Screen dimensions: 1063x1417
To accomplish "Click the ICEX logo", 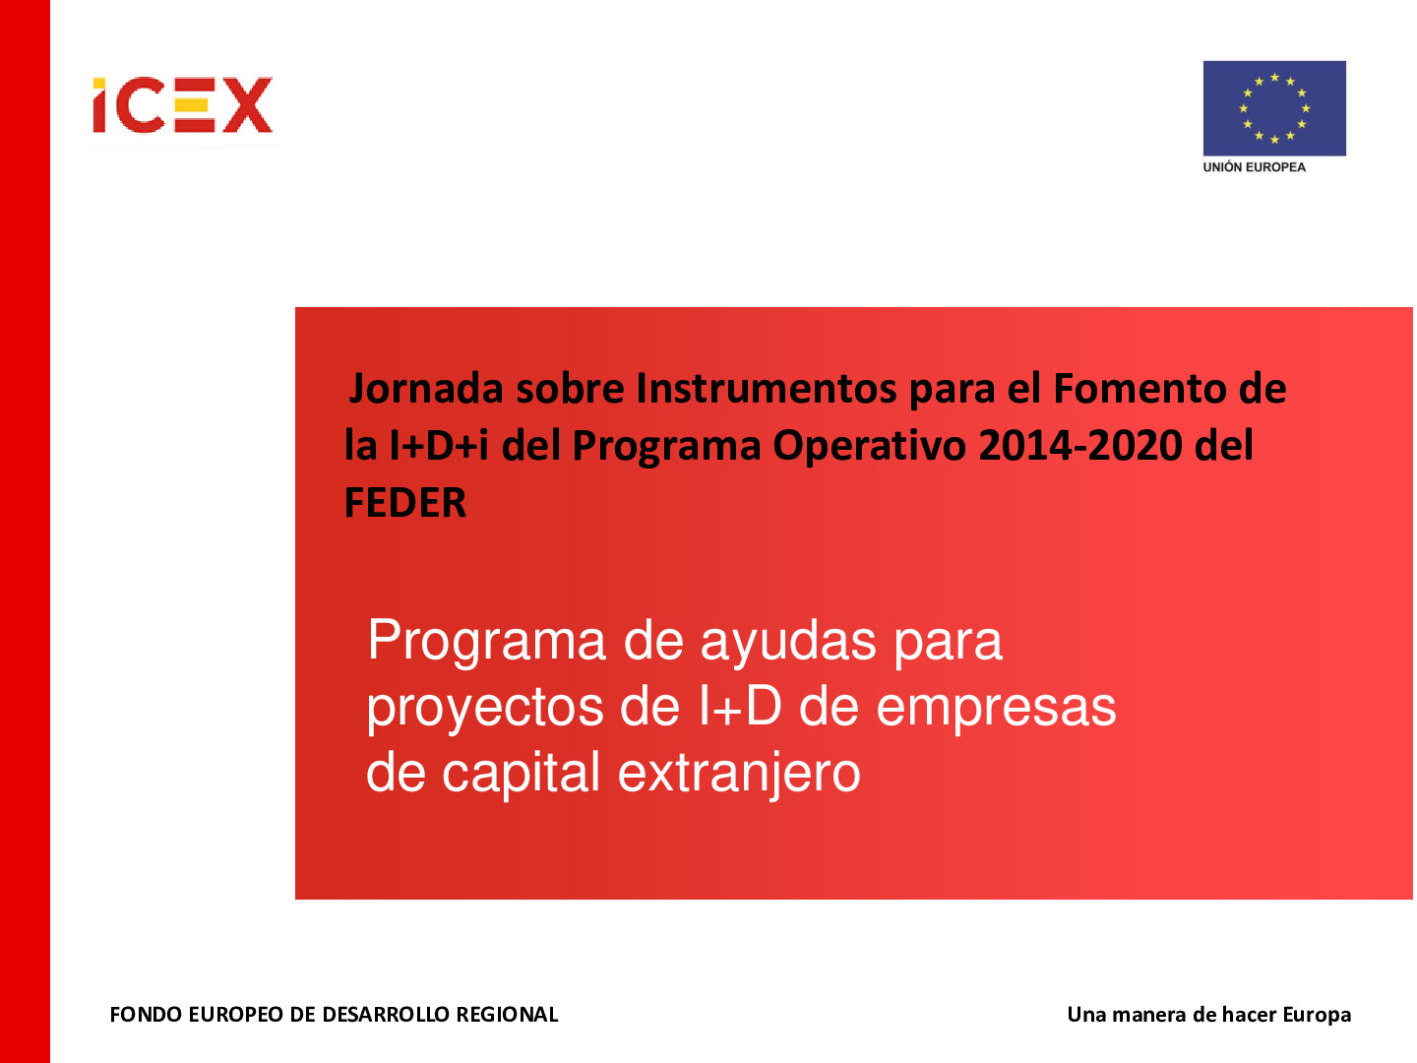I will tap(182, 105).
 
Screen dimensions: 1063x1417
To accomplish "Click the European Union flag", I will tap(1274, 108).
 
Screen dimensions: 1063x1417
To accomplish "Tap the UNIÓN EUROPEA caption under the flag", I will tap(1254, 167).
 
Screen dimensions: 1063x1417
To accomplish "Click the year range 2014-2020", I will tap(1079, 446).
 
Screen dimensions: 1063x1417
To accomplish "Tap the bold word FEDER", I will tap(405, 503).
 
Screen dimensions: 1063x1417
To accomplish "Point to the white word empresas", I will tap(996, 708).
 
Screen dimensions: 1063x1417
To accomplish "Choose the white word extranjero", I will tap(739, 774).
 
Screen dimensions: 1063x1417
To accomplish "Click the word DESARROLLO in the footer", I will tap(370, 1015).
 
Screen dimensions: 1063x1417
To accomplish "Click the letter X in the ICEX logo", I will tap(247, 105).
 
